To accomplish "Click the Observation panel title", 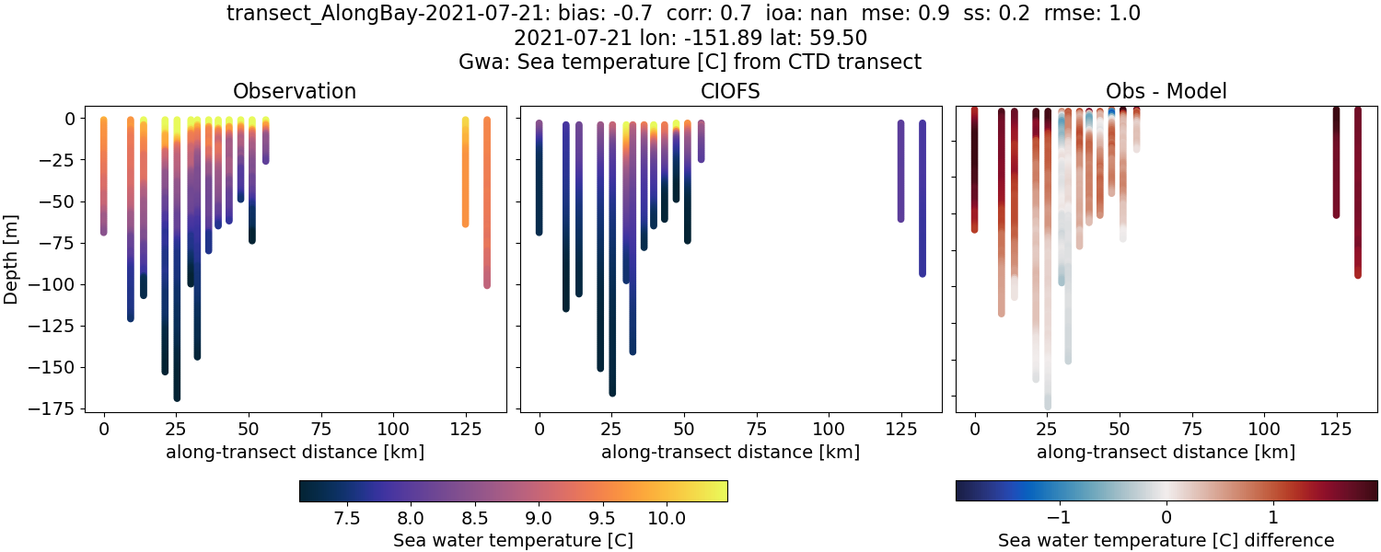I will click(295, 91).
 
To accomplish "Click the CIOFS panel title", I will click(731, 91).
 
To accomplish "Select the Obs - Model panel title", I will click(1166, 91).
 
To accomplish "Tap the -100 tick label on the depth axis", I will click(54, 284).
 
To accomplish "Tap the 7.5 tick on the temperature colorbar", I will click(346, 518).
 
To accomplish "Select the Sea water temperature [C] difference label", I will click(1166, 540).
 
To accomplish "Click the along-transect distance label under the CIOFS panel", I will click(731, 452).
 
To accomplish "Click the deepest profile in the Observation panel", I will click(177, 276).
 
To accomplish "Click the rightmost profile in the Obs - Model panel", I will click(1357, 193).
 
